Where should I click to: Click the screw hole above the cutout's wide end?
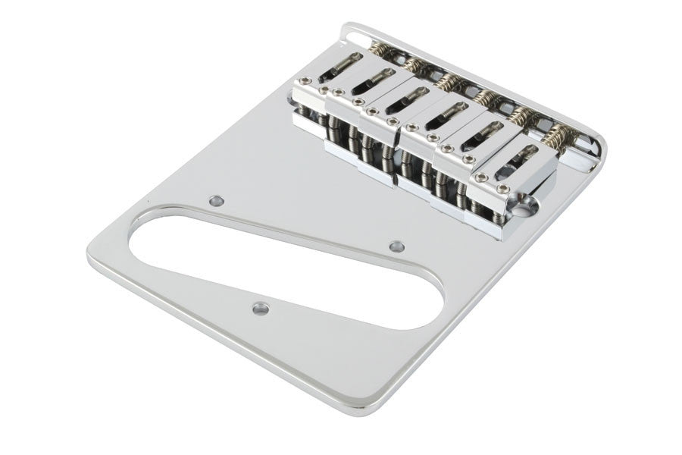point(217,201)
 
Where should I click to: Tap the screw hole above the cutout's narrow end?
point(396,246)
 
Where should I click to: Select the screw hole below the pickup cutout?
point(260,308)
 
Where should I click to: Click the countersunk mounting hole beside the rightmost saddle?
point(528,204)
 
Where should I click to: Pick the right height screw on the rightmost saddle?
point(503,179)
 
